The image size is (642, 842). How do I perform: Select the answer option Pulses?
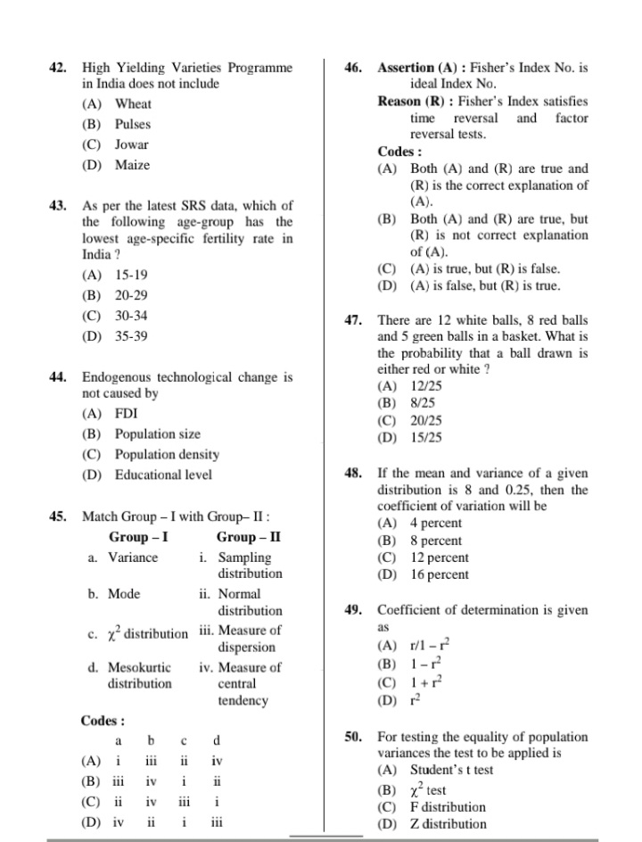(132, 125)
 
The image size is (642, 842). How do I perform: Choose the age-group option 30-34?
(131, 316)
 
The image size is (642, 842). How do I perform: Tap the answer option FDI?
(126, 414)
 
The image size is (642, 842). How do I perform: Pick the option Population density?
(167, 455)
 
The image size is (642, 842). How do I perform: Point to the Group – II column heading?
(249, 538)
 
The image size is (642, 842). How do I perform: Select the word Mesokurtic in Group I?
(140, 667)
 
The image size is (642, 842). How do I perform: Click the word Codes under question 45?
(101, 721)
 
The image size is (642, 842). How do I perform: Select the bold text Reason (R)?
(412, 101)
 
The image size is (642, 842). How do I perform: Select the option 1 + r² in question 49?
(425, 682)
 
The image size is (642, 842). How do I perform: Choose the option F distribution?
(448, 807)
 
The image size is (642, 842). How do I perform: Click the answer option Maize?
(132, 165)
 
